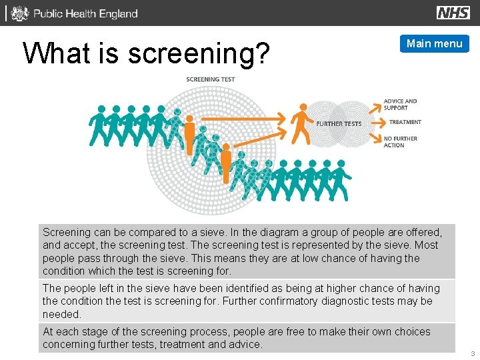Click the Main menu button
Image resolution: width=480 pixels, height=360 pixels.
[434, 44]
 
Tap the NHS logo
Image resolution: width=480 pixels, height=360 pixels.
[453, 13]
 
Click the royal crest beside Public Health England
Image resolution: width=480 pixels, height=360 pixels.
[20, 13]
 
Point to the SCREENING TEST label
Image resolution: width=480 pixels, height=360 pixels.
[210, 79]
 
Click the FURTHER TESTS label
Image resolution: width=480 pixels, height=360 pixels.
[339, 123]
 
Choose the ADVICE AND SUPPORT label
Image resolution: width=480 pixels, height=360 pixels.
[400, 105]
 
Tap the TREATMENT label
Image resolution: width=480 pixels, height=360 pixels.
[405, 122]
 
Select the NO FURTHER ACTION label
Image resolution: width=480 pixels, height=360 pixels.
[400, 142]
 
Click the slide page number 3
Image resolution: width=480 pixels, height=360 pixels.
[473, 353]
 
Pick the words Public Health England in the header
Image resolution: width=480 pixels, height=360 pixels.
[85, 13]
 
